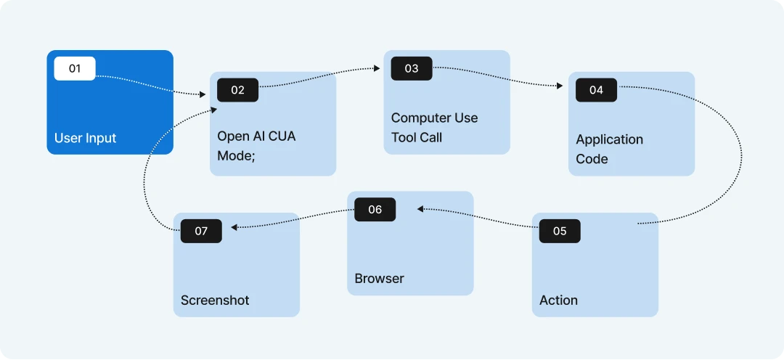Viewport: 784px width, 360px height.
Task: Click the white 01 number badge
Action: click(x=75, y=68)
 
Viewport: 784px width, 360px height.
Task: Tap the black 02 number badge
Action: click(x=237, y=90)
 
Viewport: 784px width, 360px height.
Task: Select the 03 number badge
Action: click(x=412, y=68)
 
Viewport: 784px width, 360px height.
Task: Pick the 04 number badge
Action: click(x=596, y=90)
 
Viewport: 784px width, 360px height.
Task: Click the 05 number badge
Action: click(x=560, y=231)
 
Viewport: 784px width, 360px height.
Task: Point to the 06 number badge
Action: click(x=375, y=210)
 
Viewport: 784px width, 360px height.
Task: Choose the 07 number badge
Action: click(x=201, y=231)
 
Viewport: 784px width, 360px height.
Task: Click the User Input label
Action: click(x=85, y=138)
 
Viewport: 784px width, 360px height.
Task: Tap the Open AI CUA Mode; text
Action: click(x=256, y=146)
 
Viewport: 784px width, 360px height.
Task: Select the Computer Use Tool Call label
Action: click(x=434, y=128)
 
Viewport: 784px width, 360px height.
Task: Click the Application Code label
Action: click(x=609, y=149)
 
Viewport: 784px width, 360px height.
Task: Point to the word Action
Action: click(x=558, y=300)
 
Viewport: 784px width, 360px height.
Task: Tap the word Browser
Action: click(x=379, y=278)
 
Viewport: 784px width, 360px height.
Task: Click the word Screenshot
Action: click(x=214, y=300)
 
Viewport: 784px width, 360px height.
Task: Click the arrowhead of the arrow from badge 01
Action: click(x=203, y=94)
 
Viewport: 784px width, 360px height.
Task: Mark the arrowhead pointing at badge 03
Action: click(x=377, y=68)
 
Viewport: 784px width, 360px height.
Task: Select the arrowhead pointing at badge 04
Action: click(x=560, y=86)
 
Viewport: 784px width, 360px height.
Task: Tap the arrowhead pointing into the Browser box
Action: click(x=420, y=208)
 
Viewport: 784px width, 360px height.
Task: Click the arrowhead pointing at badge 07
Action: click(x=234, y=227)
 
